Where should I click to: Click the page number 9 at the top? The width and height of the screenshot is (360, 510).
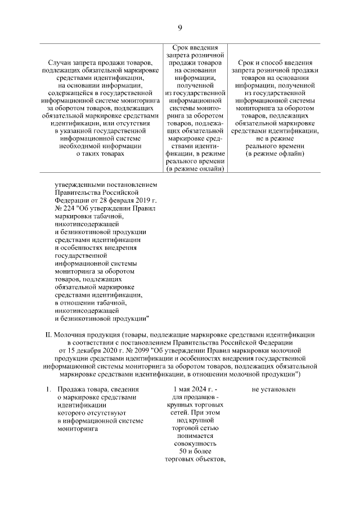click(180, 28)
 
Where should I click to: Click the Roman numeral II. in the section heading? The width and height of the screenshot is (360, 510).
click(49, 334)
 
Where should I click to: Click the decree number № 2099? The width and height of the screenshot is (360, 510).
click(136, 350)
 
